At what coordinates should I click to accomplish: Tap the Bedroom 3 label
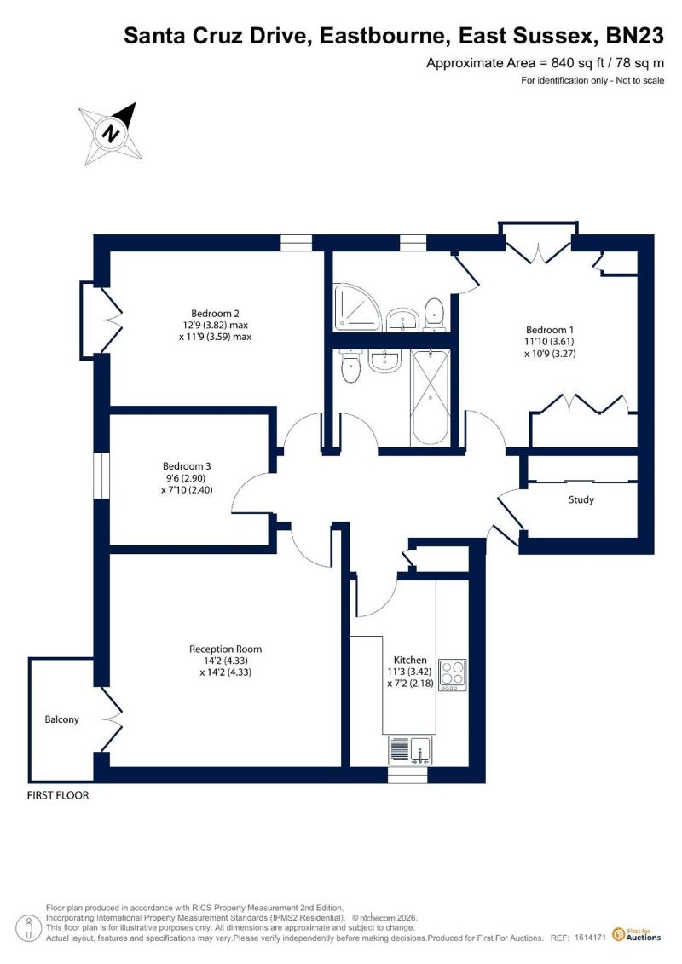point(187,466)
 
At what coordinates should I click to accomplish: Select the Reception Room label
point(225,649)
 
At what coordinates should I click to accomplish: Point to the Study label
point(581,499)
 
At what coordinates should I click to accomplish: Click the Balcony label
point(61,719)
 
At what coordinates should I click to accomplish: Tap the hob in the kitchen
point(452,675)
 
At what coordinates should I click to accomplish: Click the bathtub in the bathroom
point(430,396)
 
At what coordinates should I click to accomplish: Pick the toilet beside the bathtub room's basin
point(350,367)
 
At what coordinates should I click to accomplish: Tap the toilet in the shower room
point(434,315)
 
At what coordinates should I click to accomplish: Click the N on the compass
point(111,134)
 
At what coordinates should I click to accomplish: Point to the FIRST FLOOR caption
point(58,795)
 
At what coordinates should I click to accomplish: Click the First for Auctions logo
point(637,935)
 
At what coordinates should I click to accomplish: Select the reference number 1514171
point(591,938)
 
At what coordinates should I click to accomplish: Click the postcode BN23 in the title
point(635,36)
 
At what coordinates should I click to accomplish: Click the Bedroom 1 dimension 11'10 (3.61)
point(549,342)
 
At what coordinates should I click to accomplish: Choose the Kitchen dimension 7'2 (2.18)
point(410,684)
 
